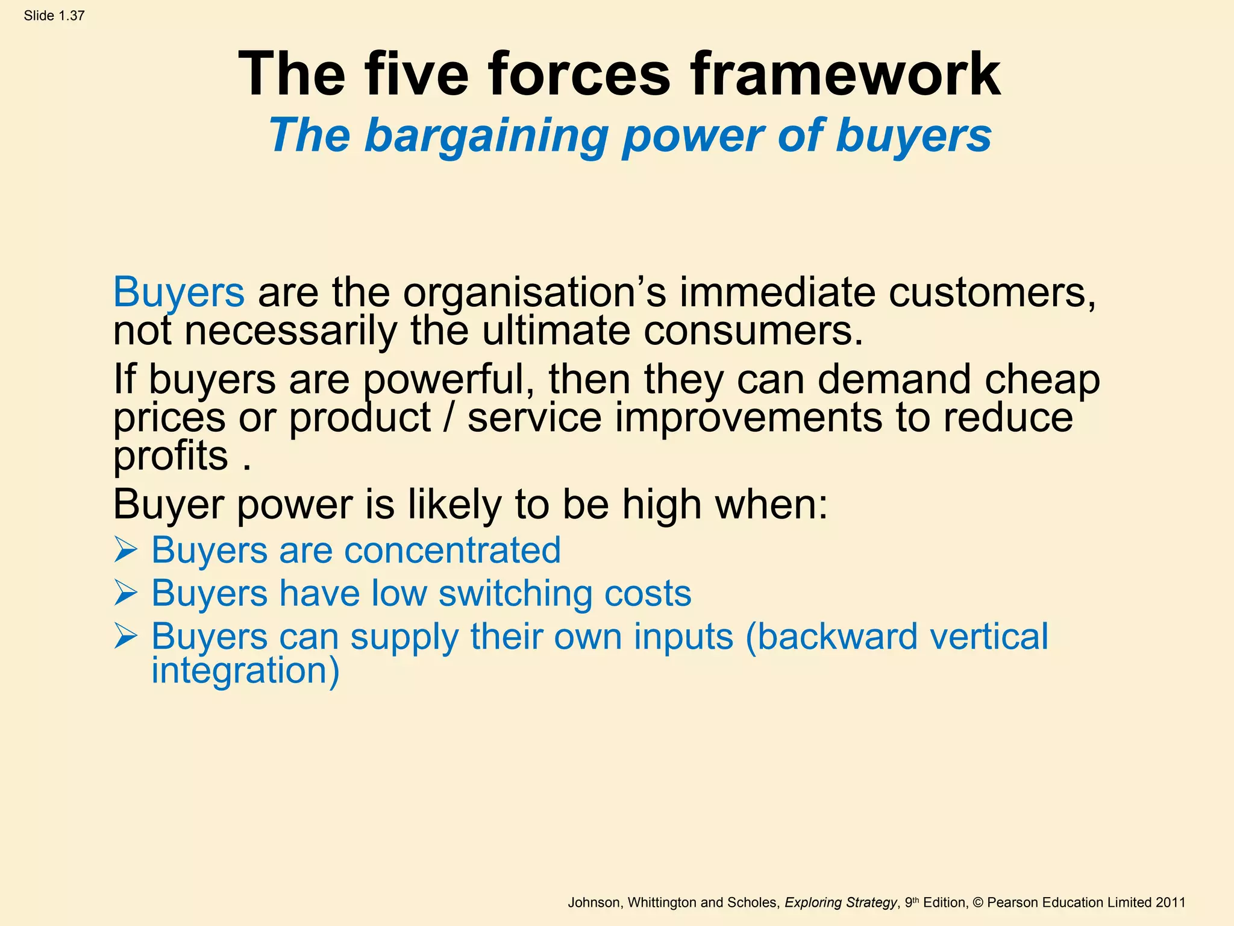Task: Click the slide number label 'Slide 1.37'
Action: click(x=54, y=16)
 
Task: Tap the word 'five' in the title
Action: click(x=416, y=75)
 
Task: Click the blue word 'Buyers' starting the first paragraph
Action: click(x=179, y=292)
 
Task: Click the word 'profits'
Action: click(x=171, y=456)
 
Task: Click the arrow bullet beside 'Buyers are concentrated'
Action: click(x=126, y=550)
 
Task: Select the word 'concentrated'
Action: click(x=452, y=550)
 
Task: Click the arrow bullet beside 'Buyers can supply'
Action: click(x=126, y=637)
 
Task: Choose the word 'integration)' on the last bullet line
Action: click(x=245, y=670)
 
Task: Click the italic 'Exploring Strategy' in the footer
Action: click(x=840, y=902)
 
